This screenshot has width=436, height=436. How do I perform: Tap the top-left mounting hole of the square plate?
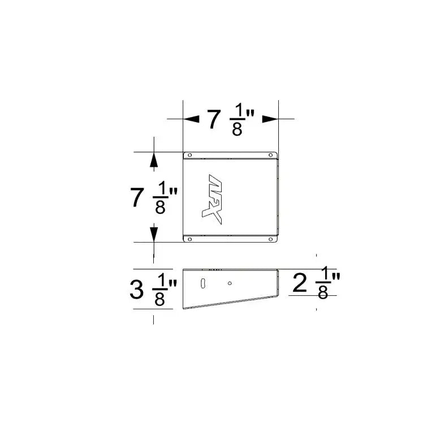(x=190, y=155)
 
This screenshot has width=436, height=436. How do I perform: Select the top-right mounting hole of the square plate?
(x=270, y=155)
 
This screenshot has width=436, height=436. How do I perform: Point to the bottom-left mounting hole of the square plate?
(x=190, y=239)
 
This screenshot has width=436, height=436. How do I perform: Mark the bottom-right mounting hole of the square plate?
(x=270, y=239)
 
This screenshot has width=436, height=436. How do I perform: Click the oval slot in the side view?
(x=202, y=284)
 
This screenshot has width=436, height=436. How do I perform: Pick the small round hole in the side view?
(x=230, y=283)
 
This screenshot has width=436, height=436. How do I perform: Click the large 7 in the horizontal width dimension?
(x=213, y=120)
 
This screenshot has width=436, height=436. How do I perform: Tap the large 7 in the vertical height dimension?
(x=136, y=198)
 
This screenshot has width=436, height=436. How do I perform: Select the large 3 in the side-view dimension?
(x=137, y=290)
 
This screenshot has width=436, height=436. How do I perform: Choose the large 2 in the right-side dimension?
(x=300, y=283)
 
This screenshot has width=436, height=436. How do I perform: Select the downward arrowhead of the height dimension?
(x=153, y=232)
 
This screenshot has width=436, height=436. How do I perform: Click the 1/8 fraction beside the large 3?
(x=160, y=291)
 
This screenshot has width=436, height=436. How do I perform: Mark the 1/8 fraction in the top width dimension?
(x=237, y=120)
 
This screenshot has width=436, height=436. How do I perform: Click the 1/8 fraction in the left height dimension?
(x=160, y=198)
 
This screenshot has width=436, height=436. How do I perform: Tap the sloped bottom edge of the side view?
(x=232, y=303)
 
